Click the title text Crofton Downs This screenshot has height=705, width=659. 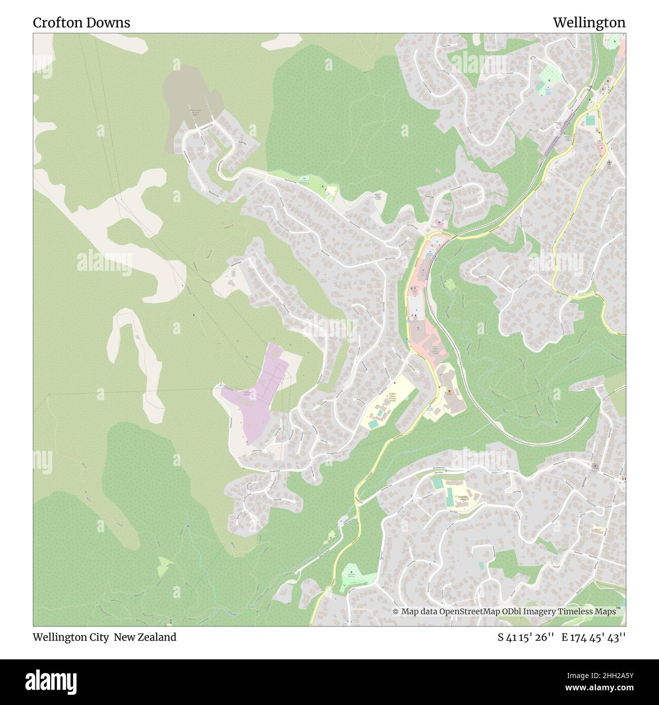point(82,23)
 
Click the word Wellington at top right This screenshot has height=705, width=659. point(589,23)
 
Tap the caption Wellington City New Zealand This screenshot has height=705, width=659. point(105,637)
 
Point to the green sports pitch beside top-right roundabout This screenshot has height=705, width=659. point(590,121)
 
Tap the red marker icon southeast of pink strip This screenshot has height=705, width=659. point(448,391)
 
